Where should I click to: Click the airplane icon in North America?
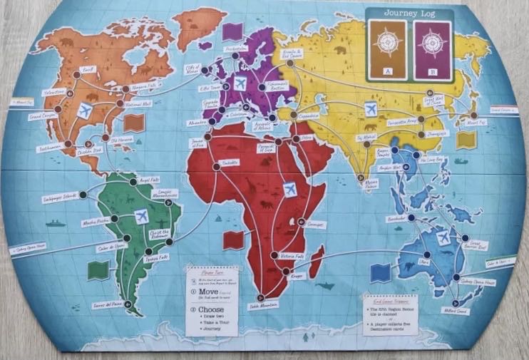pyautogui.click(x=86, y=110)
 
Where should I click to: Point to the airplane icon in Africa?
pyautogui.click(x=289, y=190)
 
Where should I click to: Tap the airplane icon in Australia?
pyautogui.click(x=443, y=239)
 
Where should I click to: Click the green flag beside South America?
pyautogui.click(x=98, y=270)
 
